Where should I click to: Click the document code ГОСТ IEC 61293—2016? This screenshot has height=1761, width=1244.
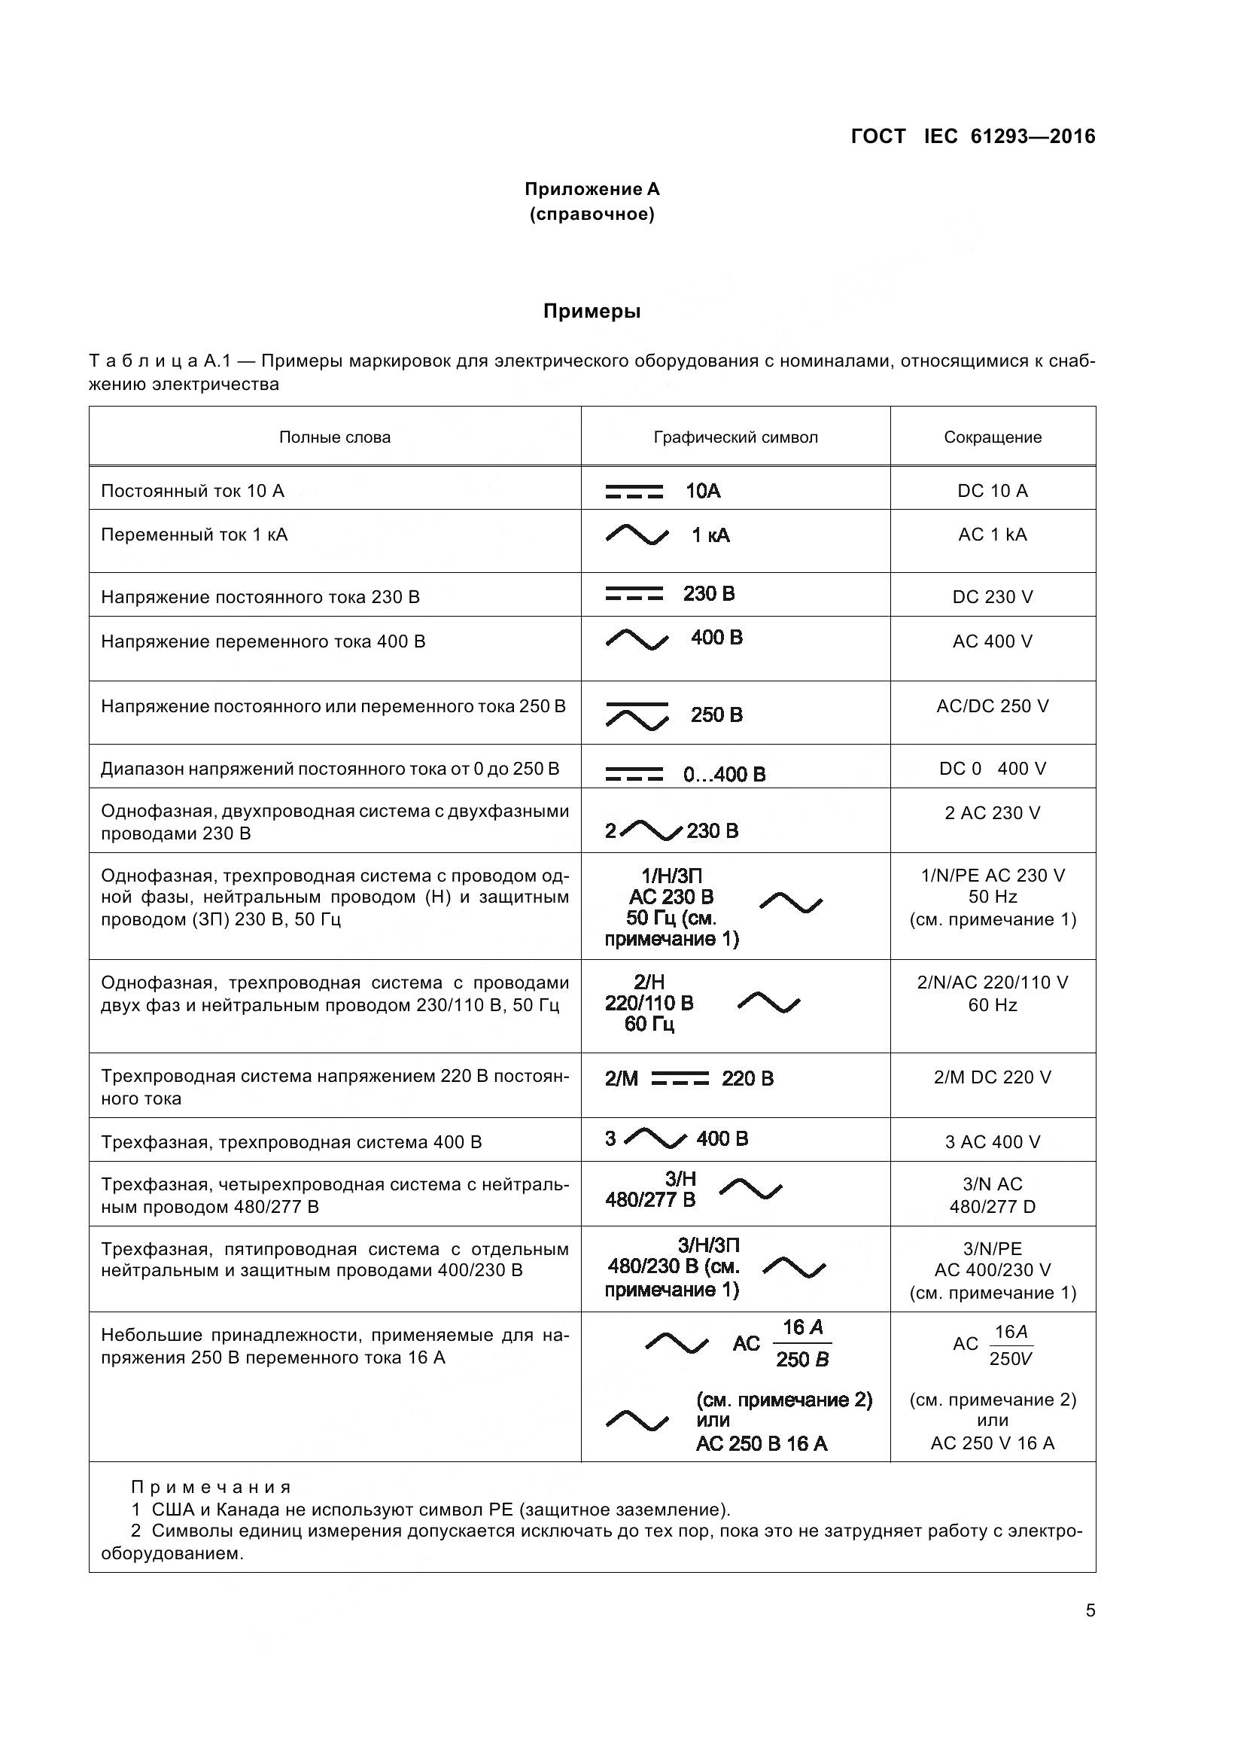(972, 136)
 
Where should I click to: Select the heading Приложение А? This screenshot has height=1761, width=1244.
(592, 189)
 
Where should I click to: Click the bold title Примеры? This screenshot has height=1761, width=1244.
(592, 312)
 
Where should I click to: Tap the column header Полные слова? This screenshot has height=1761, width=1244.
(334, 437)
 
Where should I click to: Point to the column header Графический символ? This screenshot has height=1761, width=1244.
(735, 437)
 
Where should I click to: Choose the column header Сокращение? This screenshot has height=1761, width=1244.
(992, 437)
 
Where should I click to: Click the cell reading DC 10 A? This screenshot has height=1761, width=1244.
(992, 491)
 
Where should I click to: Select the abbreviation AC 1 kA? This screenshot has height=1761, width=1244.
(992, 535)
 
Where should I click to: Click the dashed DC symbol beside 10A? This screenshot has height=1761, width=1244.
(634, 492)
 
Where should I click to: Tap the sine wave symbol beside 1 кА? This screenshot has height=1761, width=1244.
(636, 535)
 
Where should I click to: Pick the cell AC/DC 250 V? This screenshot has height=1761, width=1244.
(992, 706)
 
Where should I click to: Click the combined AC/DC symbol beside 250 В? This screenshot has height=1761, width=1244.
(636, 714)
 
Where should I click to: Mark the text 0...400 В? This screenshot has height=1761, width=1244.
(723, 774)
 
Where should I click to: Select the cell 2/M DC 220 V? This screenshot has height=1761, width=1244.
(992, 1077)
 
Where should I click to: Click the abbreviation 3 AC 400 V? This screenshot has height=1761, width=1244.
(992, 1142)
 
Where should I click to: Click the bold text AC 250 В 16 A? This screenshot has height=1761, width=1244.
(761, 1444)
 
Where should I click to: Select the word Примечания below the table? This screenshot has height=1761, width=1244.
(211, 1488)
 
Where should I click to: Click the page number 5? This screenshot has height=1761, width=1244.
(1090, 1610)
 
